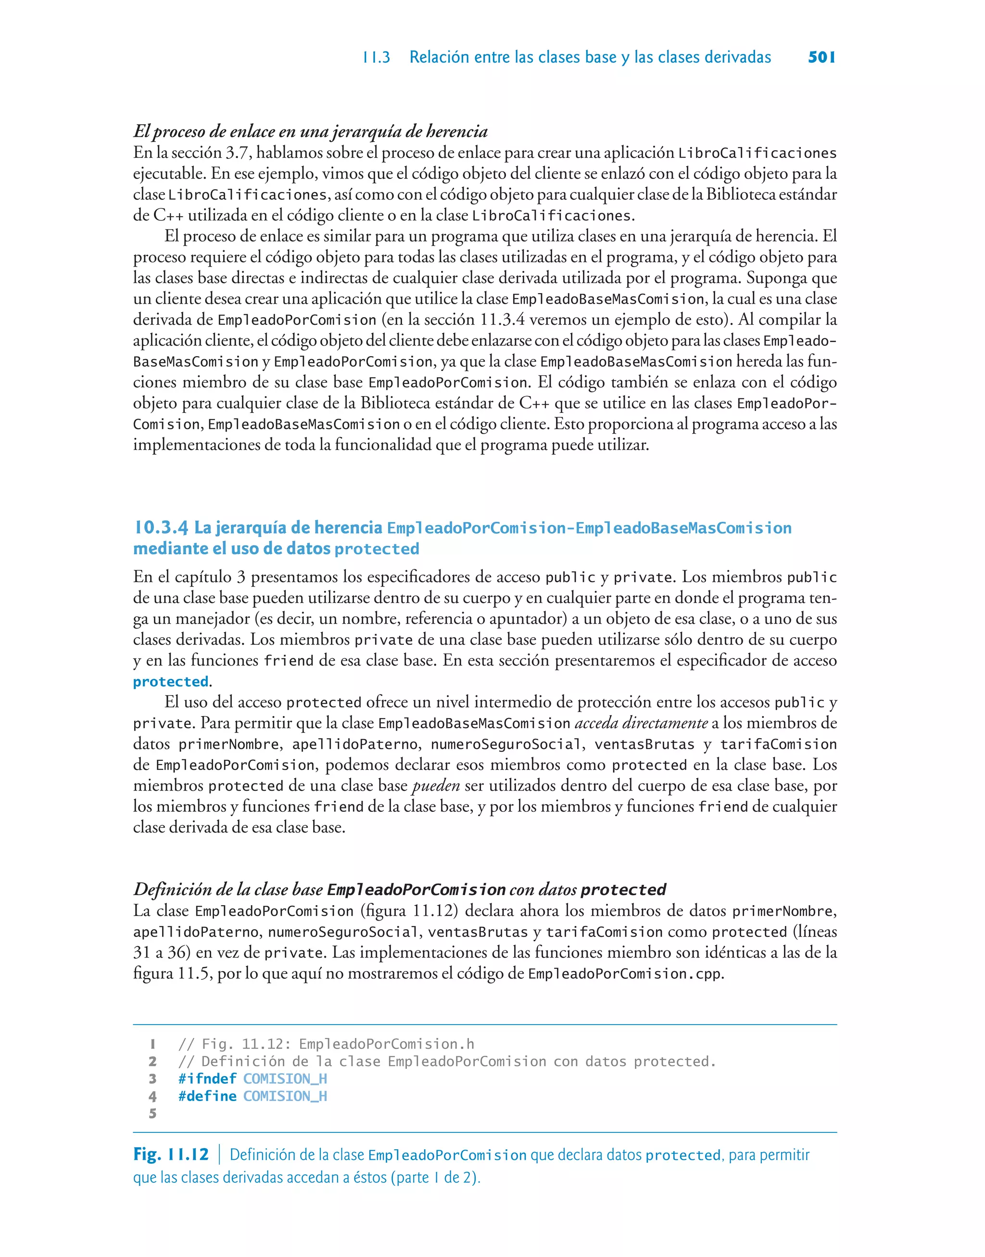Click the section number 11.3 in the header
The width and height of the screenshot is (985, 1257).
376,58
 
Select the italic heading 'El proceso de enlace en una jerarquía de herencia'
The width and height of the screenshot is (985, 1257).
310,131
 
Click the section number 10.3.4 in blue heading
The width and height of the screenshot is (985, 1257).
161,527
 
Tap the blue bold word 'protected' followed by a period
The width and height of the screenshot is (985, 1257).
171,681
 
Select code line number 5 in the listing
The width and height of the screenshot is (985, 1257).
152,1114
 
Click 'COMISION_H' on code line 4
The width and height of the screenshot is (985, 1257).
285,1096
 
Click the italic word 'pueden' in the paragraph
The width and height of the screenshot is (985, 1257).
436,786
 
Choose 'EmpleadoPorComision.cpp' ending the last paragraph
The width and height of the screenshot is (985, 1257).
625,974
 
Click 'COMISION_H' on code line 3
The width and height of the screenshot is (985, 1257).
285,1079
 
